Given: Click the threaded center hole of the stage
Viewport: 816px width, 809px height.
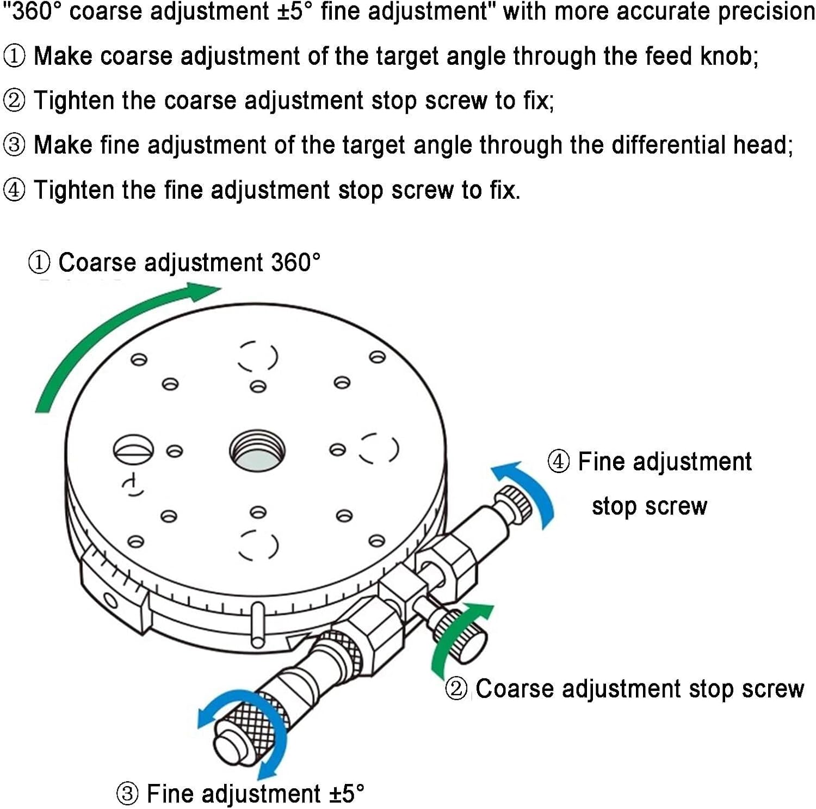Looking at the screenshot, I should pos(257,451).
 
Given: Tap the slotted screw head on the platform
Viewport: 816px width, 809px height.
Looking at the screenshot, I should pos(133,450).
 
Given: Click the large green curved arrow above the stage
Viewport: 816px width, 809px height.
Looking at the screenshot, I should pos(109,332).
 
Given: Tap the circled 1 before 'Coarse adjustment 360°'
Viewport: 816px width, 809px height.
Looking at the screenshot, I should pos(39,262).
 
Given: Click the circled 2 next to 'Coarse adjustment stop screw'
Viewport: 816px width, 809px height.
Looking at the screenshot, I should pos(456,689).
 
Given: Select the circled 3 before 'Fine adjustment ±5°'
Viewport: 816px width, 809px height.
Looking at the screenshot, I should pos(127,794).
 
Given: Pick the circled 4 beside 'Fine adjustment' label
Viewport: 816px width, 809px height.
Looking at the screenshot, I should pos(559,462).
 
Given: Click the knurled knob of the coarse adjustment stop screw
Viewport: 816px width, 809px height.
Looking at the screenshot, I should pos(462,634).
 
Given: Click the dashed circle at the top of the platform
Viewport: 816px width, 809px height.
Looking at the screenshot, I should pos(257,357).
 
